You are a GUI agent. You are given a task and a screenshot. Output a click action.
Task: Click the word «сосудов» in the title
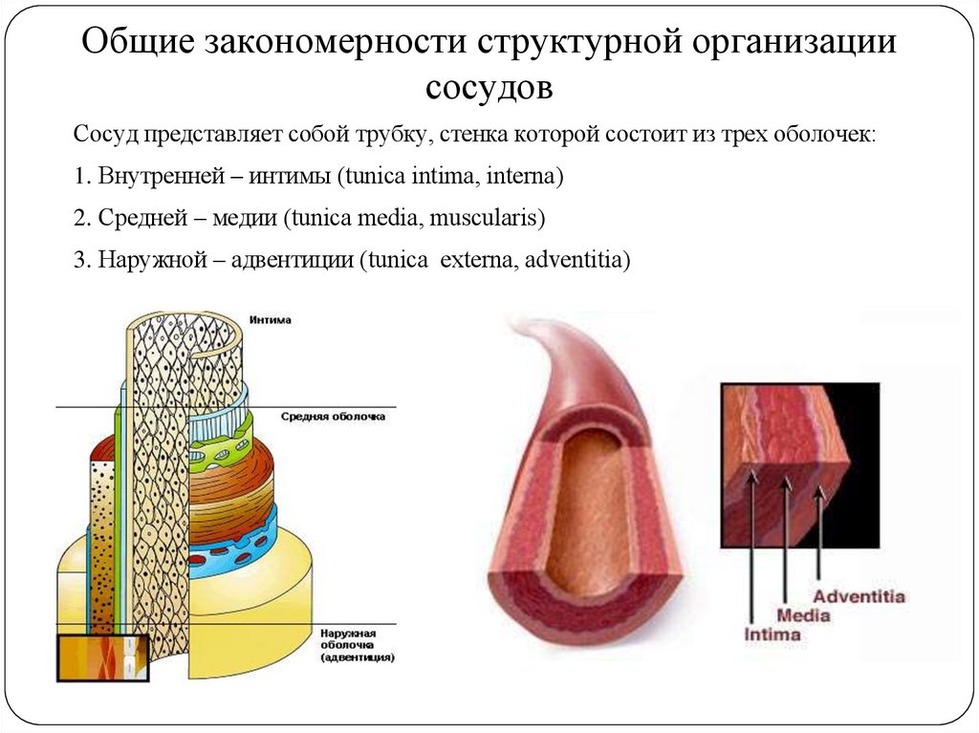pos(489,88)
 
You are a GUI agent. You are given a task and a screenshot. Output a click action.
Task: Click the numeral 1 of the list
pos(78,177)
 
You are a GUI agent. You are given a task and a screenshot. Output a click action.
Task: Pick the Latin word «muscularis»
pos(487,219)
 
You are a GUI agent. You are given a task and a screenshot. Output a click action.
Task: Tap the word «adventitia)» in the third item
pos(578,261)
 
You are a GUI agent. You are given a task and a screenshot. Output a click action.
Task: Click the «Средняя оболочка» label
pos(334,417)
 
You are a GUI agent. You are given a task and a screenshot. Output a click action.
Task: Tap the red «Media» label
pos(803,615)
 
